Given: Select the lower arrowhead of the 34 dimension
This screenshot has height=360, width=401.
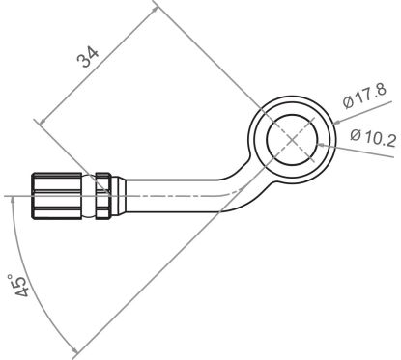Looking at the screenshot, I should pos(41,121).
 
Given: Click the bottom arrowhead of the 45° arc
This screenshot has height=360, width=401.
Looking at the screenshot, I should pos(73,349).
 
